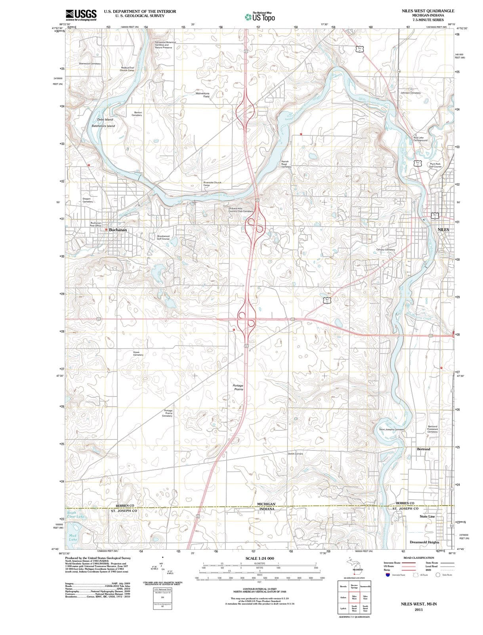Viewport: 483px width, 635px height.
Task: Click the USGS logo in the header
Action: pos(81,15)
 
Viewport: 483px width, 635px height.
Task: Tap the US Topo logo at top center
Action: pos(260,17)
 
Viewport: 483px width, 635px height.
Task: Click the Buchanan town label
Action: pos(118,230)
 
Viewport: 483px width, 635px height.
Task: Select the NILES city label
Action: pos(443,230)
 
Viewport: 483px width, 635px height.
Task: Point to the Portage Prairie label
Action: pos(238,387)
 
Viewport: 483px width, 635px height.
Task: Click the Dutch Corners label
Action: pos(295,453)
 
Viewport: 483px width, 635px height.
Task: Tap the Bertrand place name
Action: pos(423,449)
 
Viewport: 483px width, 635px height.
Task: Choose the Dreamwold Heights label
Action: pos(424,542)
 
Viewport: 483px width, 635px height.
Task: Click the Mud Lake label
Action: pos(73,537)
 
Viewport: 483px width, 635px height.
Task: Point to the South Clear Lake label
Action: pos(75,515)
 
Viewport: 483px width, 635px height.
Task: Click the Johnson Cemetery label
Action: pos(410,93)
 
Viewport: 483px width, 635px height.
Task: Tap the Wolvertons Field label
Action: pos(202,95)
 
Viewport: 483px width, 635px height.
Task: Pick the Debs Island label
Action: pos(105,119)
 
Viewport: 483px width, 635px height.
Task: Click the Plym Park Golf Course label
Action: pos(435,165)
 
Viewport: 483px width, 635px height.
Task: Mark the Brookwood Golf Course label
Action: pos(163,237)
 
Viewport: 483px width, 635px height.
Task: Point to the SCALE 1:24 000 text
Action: pos(260,558)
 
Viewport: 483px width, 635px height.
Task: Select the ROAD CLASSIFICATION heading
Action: pos(418,558)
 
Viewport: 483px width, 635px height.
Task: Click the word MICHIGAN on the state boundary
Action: pos(266,504)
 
